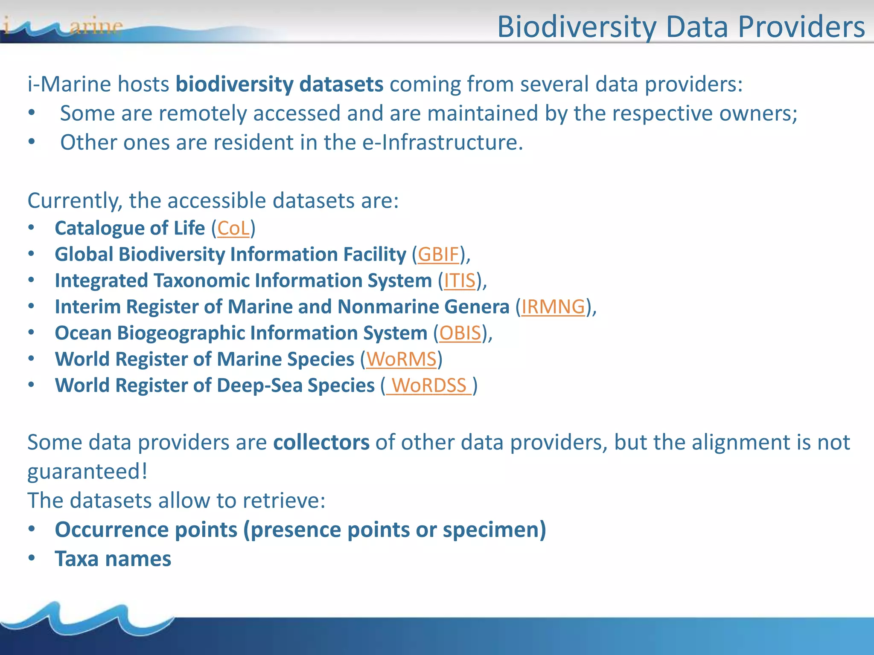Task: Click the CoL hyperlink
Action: point(233,229)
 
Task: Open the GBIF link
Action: point(438,255)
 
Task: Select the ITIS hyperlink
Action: point(460,281)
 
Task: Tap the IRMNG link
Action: point(553,307)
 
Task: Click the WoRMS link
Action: point(401,359)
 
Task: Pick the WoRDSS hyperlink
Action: point(429,386)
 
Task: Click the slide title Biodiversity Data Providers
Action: point(681,27)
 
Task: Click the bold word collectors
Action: point(321,443)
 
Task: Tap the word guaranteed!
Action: point(87,472)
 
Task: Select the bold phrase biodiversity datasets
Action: point(280,84)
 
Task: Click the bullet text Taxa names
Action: point(113,559)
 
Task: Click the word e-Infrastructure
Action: point(442,142)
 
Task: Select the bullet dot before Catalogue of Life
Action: point(32,228)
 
